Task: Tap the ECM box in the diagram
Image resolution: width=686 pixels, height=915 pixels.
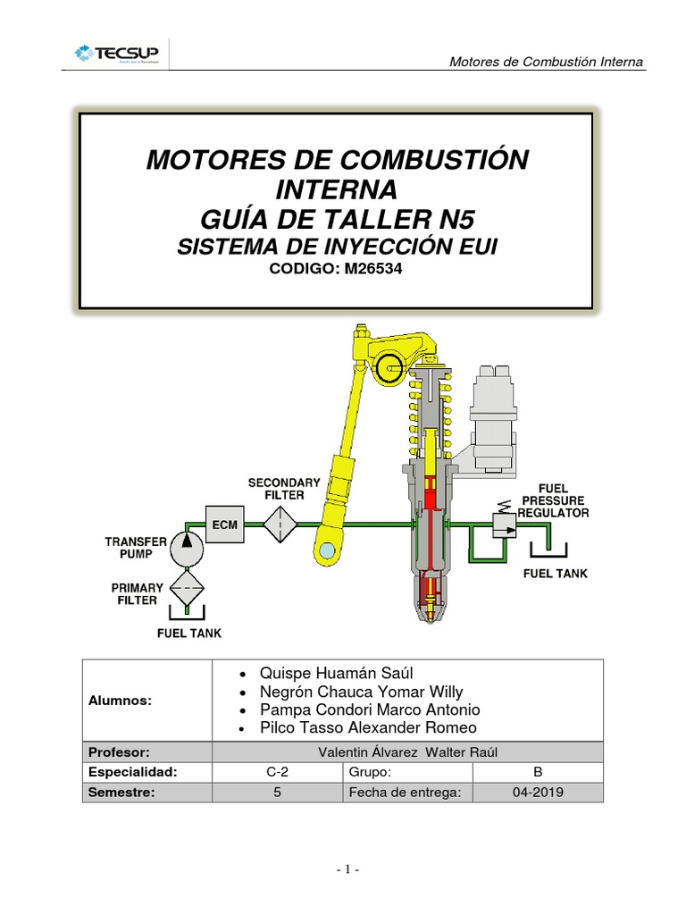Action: [x=225, y=524]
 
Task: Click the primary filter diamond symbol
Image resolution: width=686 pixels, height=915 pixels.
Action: [x=187, y=588]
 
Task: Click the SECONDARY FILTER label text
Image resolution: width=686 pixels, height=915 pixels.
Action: [x=283, y=489]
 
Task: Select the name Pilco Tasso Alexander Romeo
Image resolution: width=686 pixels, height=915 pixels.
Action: [x=367, y=727]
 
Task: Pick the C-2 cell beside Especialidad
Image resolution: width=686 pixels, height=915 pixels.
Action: [x=277, y=772]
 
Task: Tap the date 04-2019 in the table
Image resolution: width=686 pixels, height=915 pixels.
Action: [x=538, y=792]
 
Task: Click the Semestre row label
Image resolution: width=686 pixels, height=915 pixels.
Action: [x=119, y=792]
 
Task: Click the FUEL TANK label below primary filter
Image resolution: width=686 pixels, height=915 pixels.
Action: [x=189, y=634]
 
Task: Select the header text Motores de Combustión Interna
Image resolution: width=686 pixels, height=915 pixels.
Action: [x=546, y=62]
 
